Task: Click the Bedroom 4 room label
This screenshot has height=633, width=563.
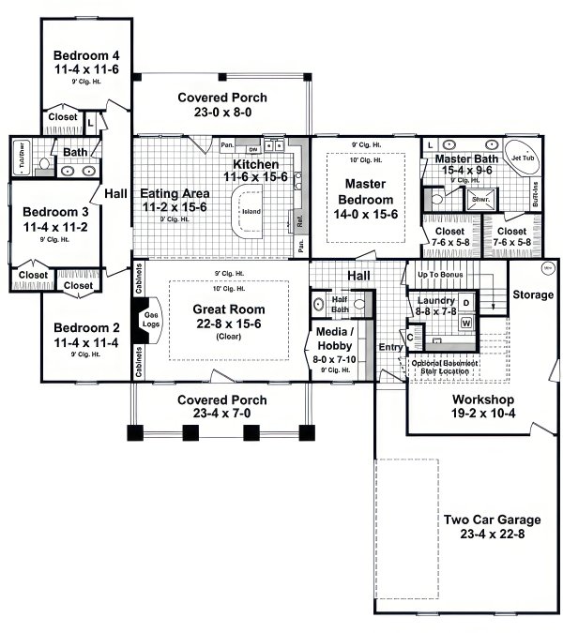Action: tap(84, 53)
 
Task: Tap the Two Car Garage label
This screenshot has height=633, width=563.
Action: tap(479, 520)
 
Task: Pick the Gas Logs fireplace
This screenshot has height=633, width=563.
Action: tap(151, 321)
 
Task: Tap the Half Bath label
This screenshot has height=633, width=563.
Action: tap(340, 305)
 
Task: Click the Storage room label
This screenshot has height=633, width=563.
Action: tap(533, 295)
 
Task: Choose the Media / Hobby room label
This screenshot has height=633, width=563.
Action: tap(335, 339)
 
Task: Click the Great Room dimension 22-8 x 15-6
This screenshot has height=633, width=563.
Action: tap(228, 324)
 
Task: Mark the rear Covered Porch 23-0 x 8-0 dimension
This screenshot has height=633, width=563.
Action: tap(221, 112)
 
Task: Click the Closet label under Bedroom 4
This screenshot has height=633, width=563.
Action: tap(62, 117)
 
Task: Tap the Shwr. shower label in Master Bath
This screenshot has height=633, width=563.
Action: tap(479, 199)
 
